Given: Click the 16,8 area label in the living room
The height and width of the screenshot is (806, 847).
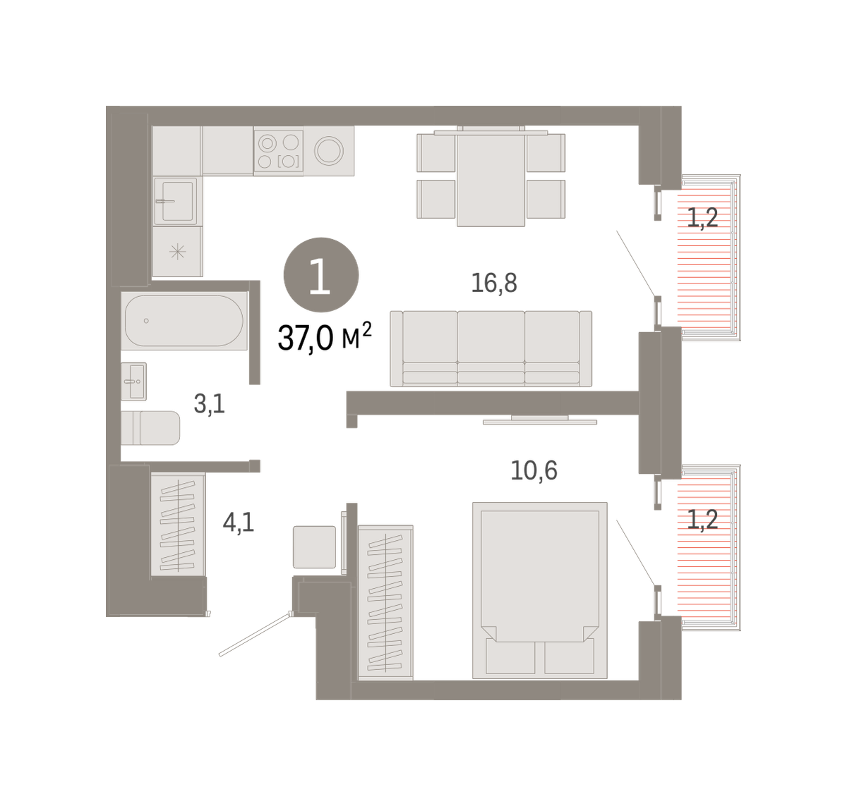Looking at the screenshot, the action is pos(493,283).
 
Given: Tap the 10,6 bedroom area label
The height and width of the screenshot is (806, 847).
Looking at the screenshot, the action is pos(534,470).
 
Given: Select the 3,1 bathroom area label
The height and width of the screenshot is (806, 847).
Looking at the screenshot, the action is pos(210,404).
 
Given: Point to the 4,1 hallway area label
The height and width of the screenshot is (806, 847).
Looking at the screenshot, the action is pos(239,523).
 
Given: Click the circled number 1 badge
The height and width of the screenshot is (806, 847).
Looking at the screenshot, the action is pos(321,275).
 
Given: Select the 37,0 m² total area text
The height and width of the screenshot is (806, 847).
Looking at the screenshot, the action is pos(325,337).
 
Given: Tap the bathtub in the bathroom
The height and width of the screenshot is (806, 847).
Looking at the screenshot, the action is pos(184,321).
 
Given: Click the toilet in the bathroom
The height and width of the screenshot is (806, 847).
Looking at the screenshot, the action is pos(150,428).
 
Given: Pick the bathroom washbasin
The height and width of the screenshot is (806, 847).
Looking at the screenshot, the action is pos(133,381).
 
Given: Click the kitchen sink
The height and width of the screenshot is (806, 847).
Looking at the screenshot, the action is pos(176,201).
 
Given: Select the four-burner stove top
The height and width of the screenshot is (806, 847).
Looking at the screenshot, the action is pos(278,151).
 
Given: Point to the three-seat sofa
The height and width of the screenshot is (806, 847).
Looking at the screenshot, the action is pos(491,349).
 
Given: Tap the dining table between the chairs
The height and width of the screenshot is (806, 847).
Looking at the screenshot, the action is pos(491,179).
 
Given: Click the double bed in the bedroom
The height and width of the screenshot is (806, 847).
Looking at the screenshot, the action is pos(540,590).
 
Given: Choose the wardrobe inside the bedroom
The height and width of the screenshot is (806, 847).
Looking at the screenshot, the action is pos(385,602).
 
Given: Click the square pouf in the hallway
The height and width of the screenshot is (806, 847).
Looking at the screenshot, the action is pos(314,547).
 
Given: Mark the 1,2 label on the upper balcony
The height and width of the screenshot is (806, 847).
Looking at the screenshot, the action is pos(702,218).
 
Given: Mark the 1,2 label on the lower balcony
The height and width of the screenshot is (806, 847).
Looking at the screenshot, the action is pos(702,520).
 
